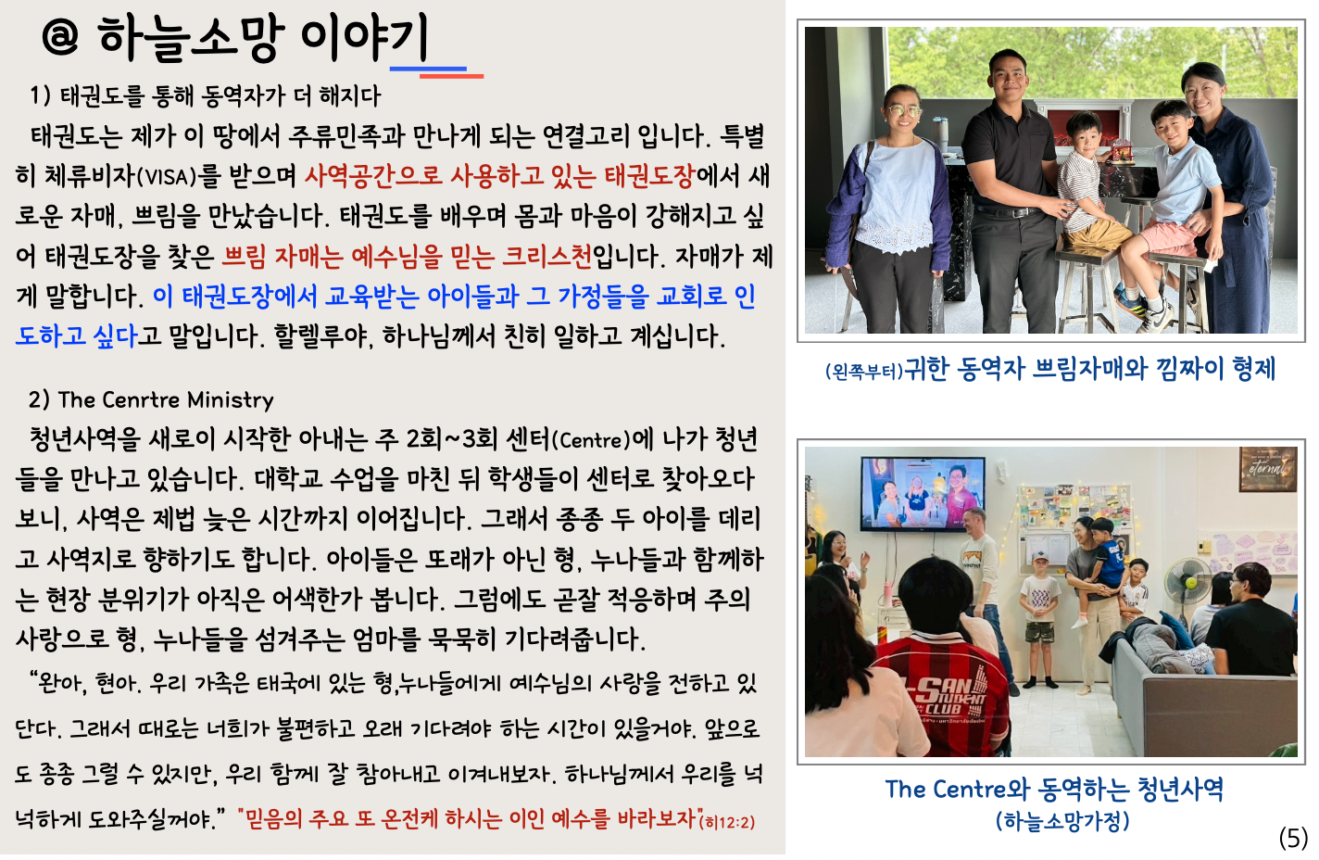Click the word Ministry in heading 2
click(231, 399)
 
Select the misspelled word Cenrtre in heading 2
click(141, 399)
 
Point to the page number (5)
click(1293, 838)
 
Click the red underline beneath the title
click(451, 75)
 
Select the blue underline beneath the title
click(428, 68)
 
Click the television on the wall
click(923, 492)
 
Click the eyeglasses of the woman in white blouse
click(902, 111)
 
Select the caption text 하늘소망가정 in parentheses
click(1062, 821)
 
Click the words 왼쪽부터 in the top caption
click(863, 372)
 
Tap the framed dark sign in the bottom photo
click(1267, 469)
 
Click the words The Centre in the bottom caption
click(945, 790)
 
